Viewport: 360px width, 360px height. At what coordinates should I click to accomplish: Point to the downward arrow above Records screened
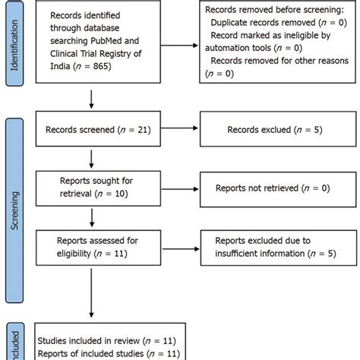pos(91,99)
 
